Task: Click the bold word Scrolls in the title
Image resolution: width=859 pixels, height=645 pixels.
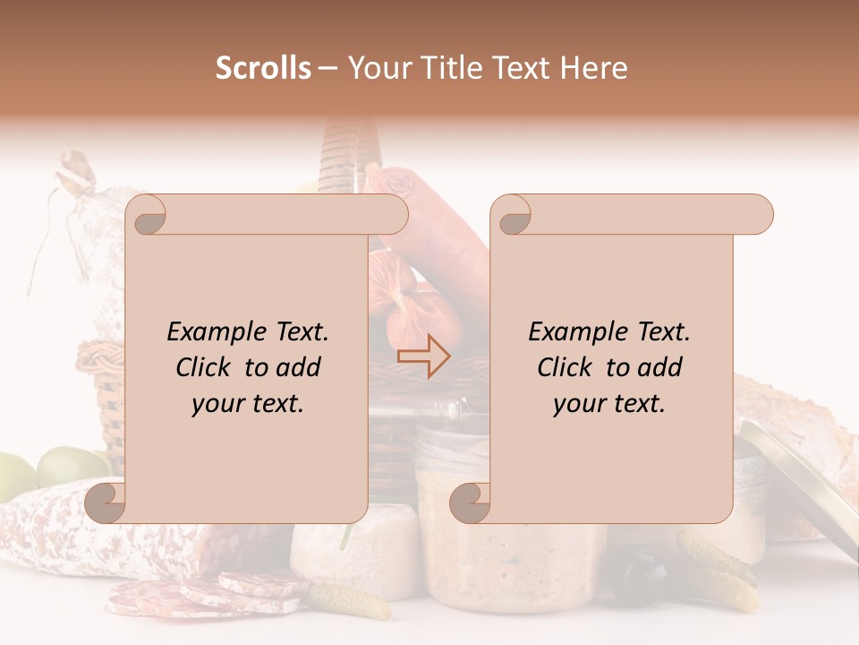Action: pos(262,68)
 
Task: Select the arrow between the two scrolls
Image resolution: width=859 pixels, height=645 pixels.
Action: pos(425,356)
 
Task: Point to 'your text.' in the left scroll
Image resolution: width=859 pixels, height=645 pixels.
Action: pos(248,404)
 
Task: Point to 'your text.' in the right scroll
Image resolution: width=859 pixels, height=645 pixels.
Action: pos(609,404)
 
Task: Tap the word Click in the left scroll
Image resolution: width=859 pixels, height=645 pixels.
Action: pos(205,367)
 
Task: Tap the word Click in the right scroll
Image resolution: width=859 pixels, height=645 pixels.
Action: pos(566,367)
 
